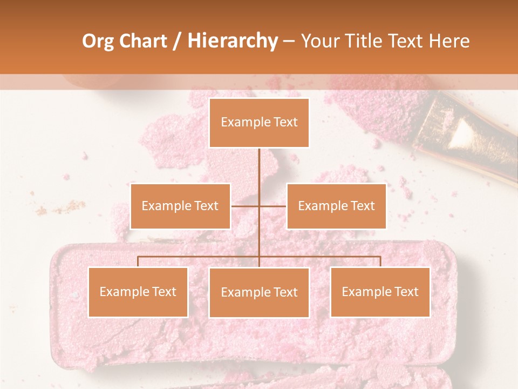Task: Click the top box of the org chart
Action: coord(259,123)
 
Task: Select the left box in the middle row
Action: coord(180,206)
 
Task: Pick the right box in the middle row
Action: coord(336,206)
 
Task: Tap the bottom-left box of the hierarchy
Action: coord(138,292)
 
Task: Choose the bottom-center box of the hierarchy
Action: coord(259,292)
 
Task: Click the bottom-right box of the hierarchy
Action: coord(380,292)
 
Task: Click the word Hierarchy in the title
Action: coord(232,41)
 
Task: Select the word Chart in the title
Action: coord(143,41)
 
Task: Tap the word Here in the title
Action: coord(449,41)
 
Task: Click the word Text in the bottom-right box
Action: coord(406,292)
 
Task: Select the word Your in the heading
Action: coord(321,41)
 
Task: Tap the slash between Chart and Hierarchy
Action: coord(177,41)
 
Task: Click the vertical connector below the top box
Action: coord(259,173)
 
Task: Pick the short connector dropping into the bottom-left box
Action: coord(138,262)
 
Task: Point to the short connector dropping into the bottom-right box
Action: coord(380,262)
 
